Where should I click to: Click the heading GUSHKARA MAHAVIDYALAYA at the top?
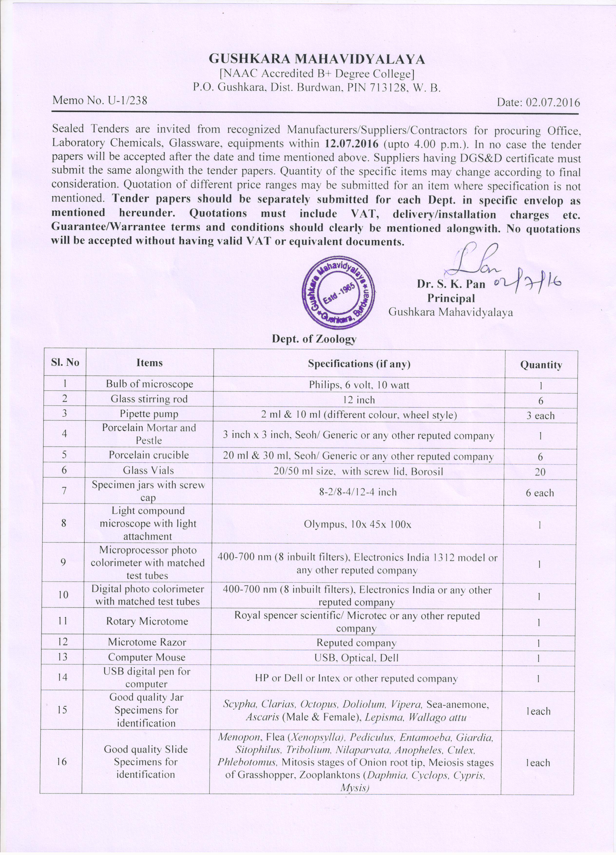click(317, 59)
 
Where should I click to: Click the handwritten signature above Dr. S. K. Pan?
click(477, 260)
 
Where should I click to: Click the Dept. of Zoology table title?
click(314, 339)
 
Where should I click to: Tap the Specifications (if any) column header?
click(359, 364)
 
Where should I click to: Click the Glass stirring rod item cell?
click(149, 399)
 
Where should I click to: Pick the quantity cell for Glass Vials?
click(540, 472)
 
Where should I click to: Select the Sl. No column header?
click(65, 363)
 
